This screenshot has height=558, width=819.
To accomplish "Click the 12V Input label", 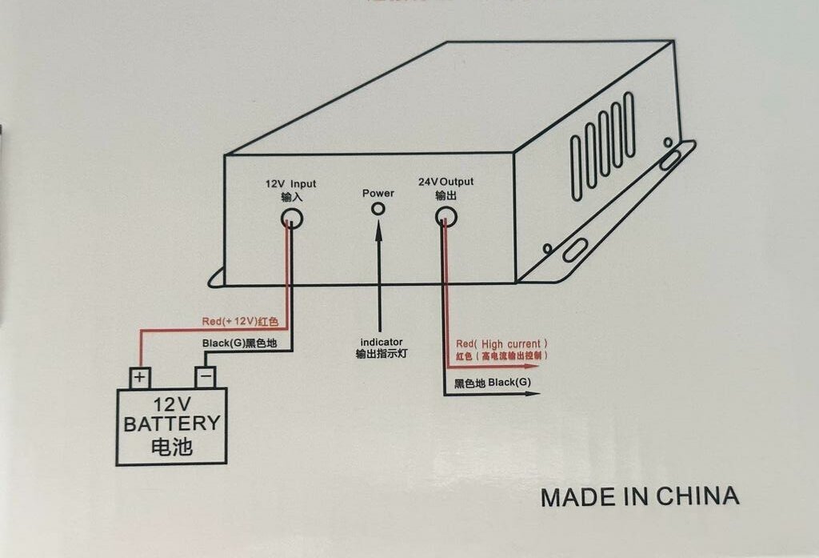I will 291,183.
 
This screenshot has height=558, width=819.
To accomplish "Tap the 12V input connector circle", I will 292,217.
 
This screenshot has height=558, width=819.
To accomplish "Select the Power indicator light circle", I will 378,209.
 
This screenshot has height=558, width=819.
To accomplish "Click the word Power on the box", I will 378,193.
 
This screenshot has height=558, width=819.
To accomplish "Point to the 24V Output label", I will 445,182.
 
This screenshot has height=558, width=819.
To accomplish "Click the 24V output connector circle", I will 445,217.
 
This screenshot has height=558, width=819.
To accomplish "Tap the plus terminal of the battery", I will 141,376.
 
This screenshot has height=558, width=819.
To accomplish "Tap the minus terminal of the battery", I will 206,376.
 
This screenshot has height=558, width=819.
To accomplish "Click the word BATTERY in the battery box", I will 172,424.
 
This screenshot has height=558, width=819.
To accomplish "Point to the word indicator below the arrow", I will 382,342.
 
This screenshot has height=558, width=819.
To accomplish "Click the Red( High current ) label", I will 502,343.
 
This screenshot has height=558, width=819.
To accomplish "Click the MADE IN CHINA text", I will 640,496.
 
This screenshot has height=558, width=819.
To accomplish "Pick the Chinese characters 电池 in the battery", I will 172,446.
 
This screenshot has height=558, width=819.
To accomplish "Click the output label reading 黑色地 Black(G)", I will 492,383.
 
